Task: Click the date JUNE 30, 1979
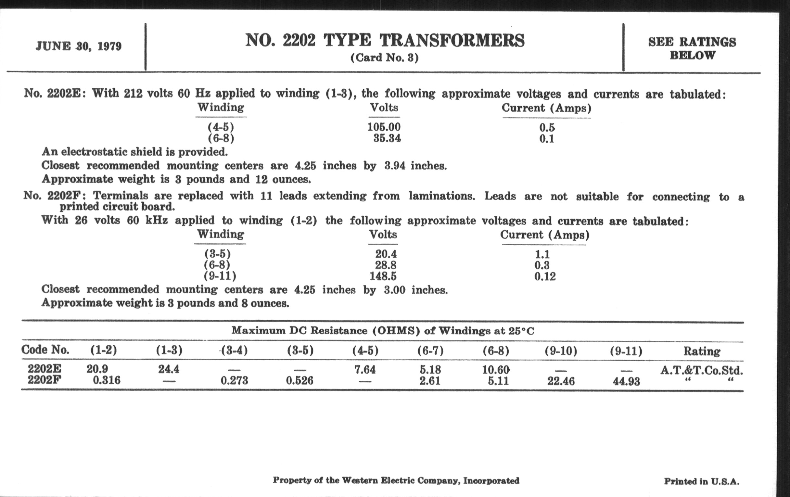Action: [x=79, y=46]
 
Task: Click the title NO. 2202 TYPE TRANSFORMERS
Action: [x=385, y=41]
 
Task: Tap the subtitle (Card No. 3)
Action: [x=385, y=58]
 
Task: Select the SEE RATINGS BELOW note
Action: [x=692, y=48]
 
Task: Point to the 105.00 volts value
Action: [x=384, y=127]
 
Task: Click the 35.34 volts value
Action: [x=387, y=138]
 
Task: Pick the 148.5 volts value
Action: [x=383, y=276]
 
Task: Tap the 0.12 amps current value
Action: [x=545, y=276]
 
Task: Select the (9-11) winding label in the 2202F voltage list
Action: [x=220, y=276]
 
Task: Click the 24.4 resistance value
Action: [x=169, y=369]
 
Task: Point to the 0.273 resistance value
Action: [x=234, y=381]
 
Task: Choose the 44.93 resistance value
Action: [x=626, y=382]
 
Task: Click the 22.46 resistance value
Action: [x=561, y=381]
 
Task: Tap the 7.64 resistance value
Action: [x=365, y=370]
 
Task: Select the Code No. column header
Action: [x=45, y=350]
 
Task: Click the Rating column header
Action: [x=702, y=351]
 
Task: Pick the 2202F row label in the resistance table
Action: [x=44, y=380]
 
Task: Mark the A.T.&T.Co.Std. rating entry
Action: [x=701, y=370]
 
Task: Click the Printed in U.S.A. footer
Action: [x=702, y=482]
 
